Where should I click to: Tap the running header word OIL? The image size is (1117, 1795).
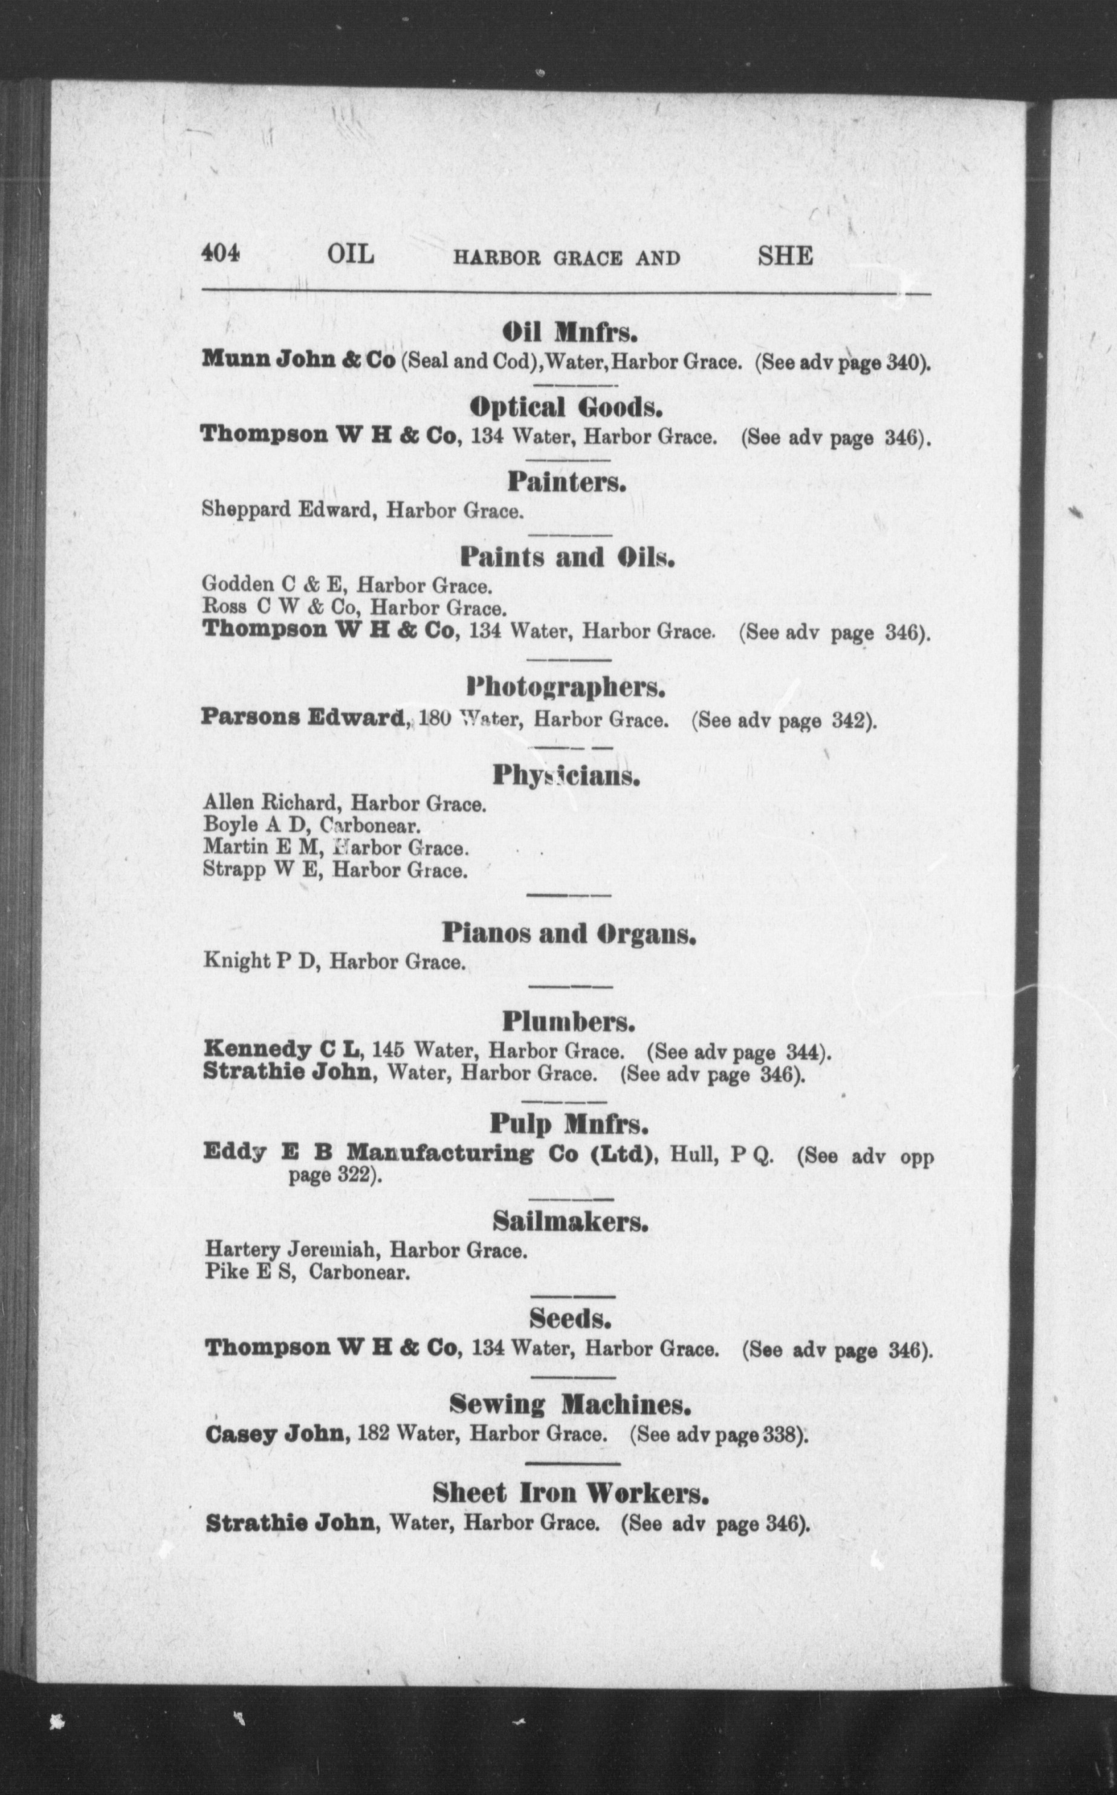pyautogui.click(x=351, y=255)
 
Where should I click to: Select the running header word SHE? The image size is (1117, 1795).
pyautogui.click(x=785, y=256)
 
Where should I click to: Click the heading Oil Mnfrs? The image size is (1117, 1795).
pyautogui.click(x=569, y=333)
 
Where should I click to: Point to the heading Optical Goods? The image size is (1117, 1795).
pyautogui.click(x=566, y=407)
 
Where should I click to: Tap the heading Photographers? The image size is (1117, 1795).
pyautogui.click(x=566, y=688)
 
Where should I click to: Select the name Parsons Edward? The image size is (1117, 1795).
pyautogui.click(x=303, y=717)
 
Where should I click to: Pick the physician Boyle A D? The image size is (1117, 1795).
pyautogui.click(x=251, y=825)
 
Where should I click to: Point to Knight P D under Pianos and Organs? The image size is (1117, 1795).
pyautogui.click(x=261, y=962)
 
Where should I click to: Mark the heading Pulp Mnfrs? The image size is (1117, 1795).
pyautogui.click(x=569, y=1124)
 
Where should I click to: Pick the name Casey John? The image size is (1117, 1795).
pyautogui.click(x=277, y=1435)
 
